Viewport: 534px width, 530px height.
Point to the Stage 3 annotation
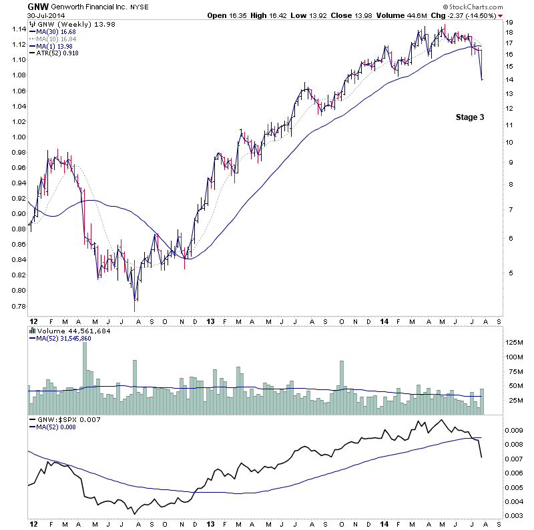coord(469,117)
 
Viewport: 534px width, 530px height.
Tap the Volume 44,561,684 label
coord(73,331)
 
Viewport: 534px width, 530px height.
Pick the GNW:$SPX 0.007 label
coord(67,419)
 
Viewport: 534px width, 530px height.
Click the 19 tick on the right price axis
coord(509,22)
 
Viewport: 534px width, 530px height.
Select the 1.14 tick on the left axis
coord(17,29)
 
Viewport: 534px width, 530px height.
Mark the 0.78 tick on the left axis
coord(17,306)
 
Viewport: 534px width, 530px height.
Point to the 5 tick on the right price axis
coord(509,273)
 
